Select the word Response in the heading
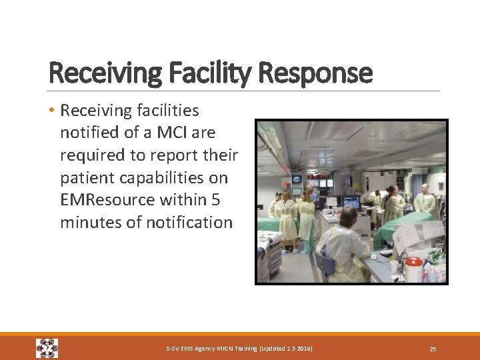click(x=323, y=72)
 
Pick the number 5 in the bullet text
click(x=214, y=200)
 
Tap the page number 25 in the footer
click(x=433, y=349)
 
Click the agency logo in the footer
click(x=47, y=348)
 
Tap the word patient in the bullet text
click(x=82, y=178)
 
